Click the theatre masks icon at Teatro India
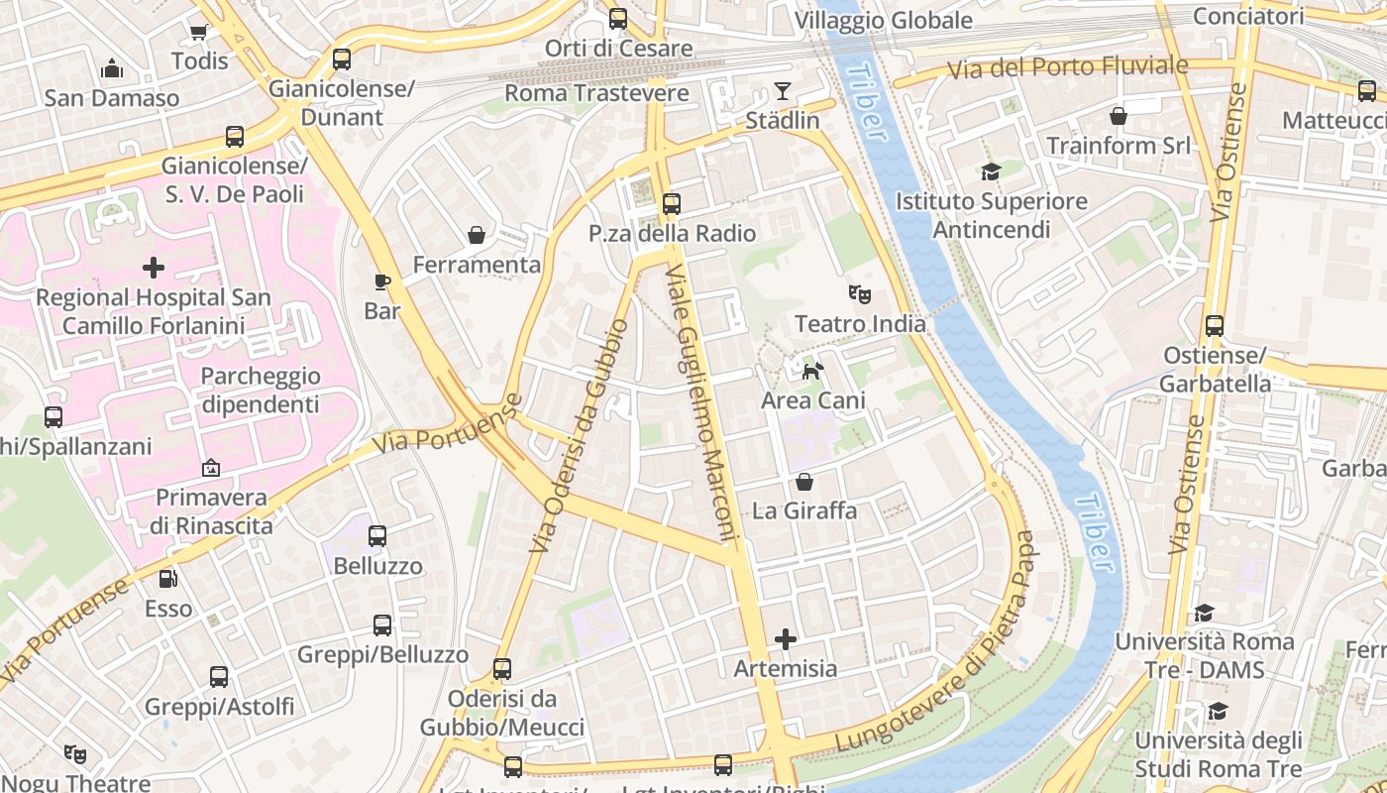point(859,294)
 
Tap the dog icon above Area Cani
point(812,372)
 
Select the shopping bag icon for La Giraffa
point(804,483)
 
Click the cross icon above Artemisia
point(786,639)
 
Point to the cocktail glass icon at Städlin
point(783,92)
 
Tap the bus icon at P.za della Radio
point(672,204)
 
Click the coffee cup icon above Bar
point(382,283)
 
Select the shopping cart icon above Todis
point(198,32)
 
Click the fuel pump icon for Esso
point(168,578)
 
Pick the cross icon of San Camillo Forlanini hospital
point(154,268)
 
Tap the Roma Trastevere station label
point(596,93)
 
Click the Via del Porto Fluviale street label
point(1067,67)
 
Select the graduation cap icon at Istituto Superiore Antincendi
point(991,172)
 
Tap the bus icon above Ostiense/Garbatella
point(1215,326)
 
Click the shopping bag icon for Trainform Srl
point(1119,117)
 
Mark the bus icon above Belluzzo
point(377,536)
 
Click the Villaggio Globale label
point(883,20)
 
